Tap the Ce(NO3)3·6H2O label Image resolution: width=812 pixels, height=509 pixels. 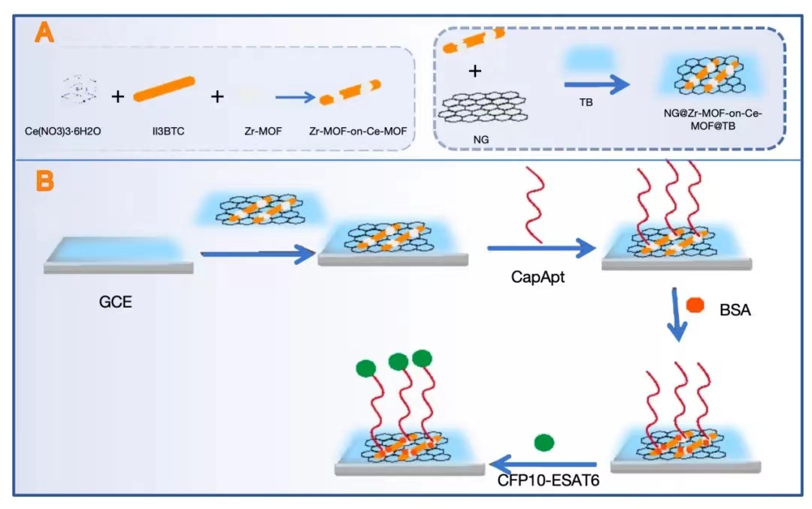(62, 131)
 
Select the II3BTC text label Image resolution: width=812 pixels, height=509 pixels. (164, 131)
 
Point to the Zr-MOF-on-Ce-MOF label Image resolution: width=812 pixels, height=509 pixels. (358, 131)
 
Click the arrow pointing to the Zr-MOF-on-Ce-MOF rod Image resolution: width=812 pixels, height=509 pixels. (293, 97)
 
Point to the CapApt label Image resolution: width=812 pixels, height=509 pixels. (538, 277)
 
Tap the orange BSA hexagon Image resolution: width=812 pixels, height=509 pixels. (694, 305)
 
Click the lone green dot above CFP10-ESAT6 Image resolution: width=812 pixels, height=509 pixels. (544, 441)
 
